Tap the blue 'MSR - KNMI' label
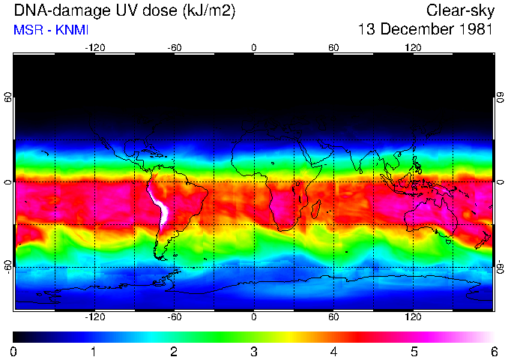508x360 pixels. (51, 30)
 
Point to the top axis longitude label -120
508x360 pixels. (94, 46)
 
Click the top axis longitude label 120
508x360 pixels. (413, 46)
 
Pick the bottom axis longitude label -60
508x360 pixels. (174, 317)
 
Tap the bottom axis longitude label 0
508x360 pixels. (254, 317)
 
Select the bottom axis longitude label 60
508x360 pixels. (333, 317)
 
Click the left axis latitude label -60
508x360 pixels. (8, 266)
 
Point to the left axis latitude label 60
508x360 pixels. (8, 97)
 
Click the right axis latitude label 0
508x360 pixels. (500, 182)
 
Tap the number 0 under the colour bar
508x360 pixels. (14, 351)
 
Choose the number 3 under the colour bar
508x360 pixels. (253, 351)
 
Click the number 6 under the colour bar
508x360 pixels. (493, 351)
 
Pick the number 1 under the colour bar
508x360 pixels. (94, 351)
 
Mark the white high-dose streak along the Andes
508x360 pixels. (159, 207)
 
